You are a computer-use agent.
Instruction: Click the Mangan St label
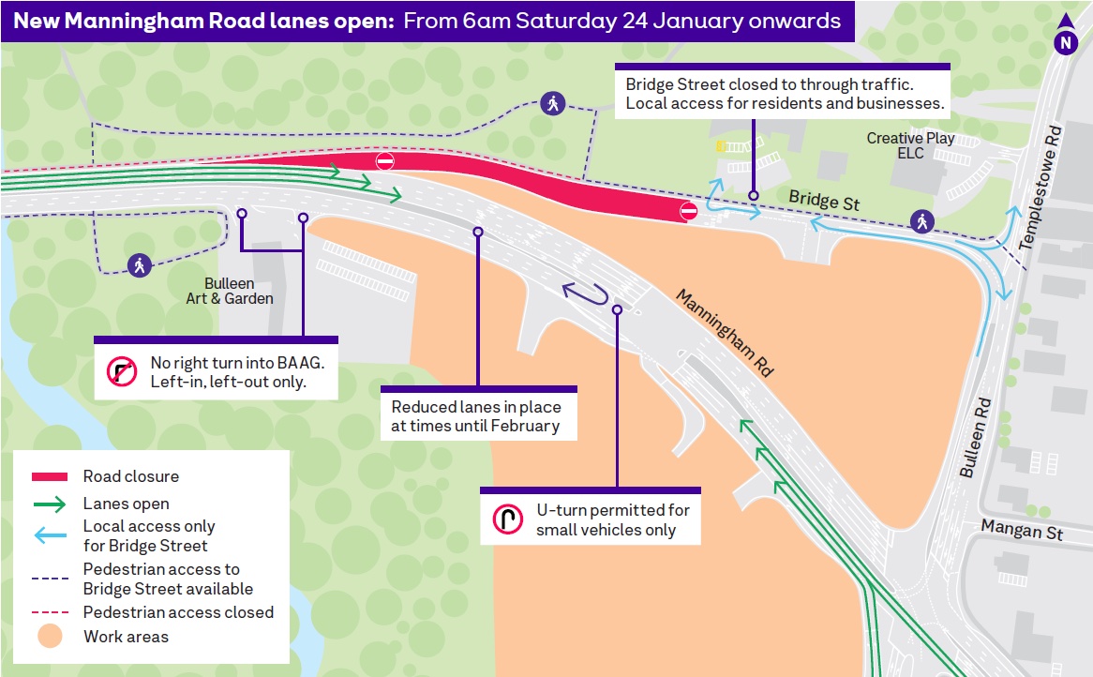tap(1022, 530)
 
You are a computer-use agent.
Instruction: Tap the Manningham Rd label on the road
tap(725, 333)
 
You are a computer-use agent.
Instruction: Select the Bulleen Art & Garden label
tap(238, 291)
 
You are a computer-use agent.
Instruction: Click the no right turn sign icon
tap(122, 372)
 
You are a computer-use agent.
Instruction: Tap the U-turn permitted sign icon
tap(507, 519)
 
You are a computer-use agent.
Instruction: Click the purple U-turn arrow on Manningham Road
tap(590, 294)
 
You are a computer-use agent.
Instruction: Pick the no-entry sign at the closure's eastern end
tap(689, 212)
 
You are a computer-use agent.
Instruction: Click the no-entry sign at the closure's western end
tap(384, 161)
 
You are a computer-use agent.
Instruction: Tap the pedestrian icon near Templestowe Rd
tap(922, 222)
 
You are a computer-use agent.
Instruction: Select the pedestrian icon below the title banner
tap(552, 103)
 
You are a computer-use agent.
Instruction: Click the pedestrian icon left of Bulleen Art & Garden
tap(140, 265)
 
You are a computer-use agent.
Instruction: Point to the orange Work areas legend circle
tap(51, 637)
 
